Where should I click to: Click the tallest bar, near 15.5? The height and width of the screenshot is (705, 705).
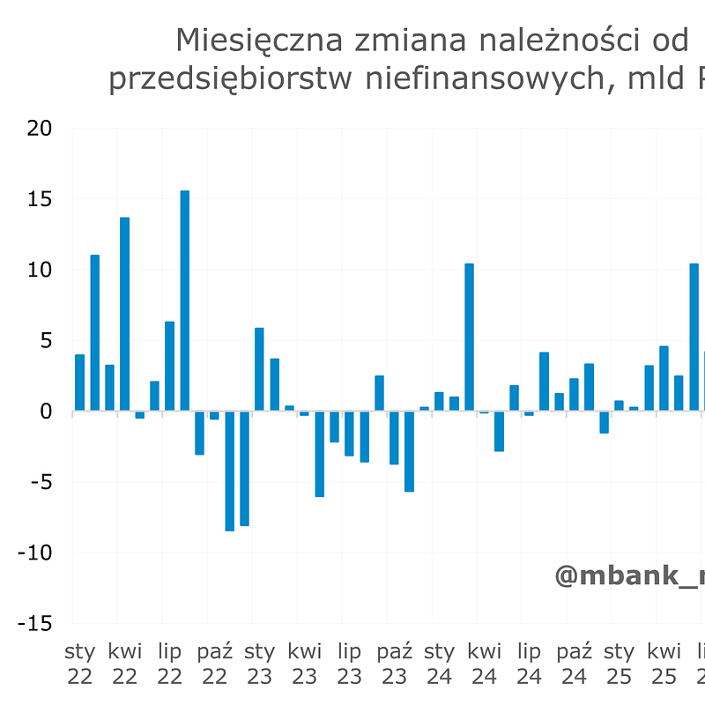(x=185, y=301)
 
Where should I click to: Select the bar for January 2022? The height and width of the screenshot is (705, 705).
(x=80, y=382)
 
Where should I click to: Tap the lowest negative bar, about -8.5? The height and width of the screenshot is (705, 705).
(x=230, y=471)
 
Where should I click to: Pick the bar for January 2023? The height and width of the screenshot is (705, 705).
(x=260, y=369)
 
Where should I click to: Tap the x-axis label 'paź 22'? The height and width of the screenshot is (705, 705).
(x=215, y=664)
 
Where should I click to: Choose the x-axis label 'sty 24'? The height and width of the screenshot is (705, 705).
(x=440, y=664)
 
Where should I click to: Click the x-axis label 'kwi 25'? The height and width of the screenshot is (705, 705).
(x=664, y=664)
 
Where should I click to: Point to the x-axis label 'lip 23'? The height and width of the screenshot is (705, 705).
(x=350, y=664)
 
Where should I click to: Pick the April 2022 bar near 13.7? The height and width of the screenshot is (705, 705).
(x=125, y=314)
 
